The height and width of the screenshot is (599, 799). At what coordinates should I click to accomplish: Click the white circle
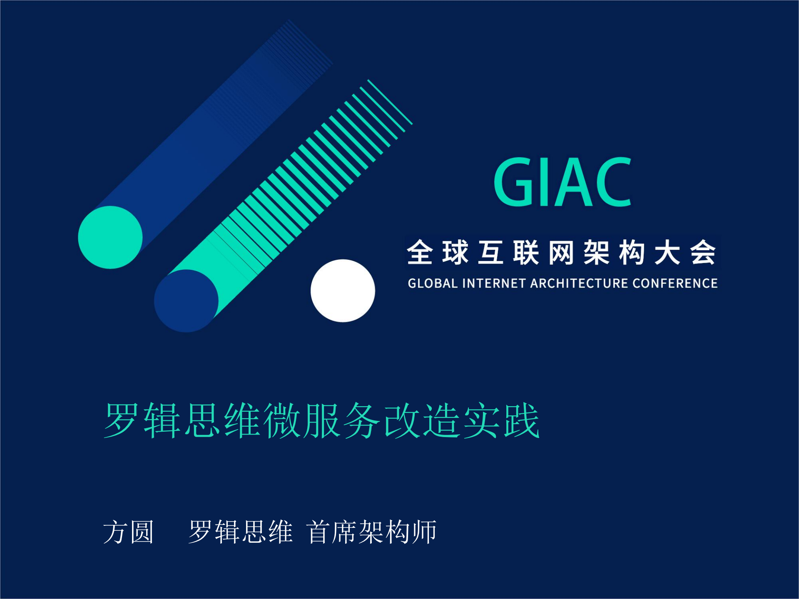click(343, 291)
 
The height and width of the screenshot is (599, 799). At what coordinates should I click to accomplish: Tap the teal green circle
click(110, 237)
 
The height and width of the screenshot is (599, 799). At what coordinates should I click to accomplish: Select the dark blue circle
click(186, 301)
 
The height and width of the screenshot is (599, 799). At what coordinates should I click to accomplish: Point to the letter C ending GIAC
click(613, 182)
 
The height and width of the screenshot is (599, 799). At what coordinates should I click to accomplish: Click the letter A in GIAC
click(576, 182)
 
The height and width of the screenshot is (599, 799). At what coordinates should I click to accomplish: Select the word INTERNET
click(494, 283)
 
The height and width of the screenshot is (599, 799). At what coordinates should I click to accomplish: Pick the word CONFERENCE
click(675, 283)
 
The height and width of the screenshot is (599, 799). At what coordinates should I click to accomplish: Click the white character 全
click(420, 252)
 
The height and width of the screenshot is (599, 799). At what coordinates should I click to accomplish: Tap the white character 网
click(561, 252)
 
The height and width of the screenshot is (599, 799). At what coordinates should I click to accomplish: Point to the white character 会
click(703, 252)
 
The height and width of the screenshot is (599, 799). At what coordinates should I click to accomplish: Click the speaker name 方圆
click(129, 532)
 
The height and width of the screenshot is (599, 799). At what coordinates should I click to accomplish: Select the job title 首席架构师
click(372, 532)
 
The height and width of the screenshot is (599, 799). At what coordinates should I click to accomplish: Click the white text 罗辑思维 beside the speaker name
click(240, 532)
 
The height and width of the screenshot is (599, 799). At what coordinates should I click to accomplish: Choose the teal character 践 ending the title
click(522, 420)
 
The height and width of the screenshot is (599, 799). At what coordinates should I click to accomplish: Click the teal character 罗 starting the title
click(121, 420)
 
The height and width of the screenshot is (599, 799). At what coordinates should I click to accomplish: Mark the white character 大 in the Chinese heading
click(667, 252)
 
